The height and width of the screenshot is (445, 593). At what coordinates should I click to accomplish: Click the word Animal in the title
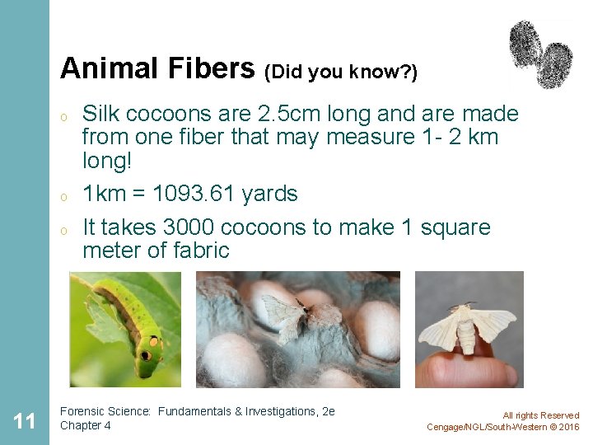[x=101, y=68]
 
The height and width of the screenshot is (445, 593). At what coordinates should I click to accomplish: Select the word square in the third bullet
[x=455, y=228]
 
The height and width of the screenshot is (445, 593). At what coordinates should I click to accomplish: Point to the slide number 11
[x=25, y=421]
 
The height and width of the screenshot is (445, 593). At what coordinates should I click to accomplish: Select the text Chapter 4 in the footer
[x=86, y=426]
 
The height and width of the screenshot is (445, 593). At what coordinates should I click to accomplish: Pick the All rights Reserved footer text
[x=540, y=415]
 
